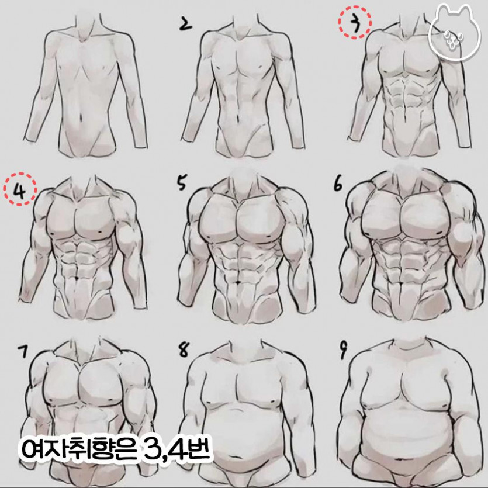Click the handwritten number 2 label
coord(185,25)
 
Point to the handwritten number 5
coord(181,183)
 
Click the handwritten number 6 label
coord(338,184)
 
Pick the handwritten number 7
coord(23,351)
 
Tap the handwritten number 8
coord(184,350)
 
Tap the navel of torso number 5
coord(238,282)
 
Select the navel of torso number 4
coord(77,277)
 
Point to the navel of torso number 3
coord(404,119)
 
